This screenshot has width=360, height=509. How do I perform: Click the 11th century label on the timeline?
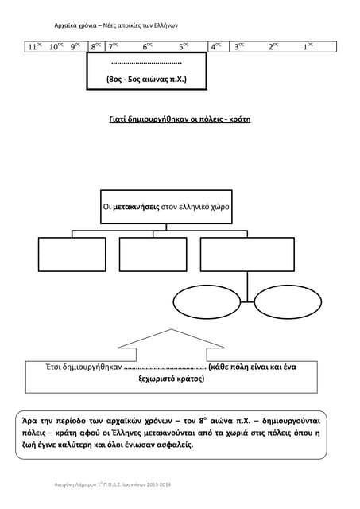(35, 47)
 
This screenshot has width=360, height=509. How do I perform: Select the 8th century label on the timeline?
(96, 47)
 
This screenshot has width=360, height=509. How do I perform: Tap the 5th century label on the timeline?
(183, 47)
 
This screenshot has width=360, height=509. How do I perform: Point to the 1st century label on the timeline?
(308, 47)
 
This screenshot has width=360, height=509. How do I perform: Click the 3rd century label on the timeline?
(238, 47)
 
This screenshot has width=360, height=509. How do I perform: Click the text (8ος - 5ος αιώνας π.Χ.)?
(146, 80)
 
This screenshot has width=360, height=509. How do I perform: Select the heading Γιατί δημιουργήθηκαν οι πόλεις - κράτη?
(180, 119)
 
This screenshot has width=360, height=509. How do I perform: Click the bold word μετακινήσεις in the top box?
(137, 206)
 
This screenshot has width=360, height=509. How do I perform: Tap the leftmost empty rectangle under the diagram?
(72, 254)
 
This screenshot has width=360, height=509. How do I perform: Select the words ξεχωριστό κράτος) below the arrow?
(172, 380)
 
